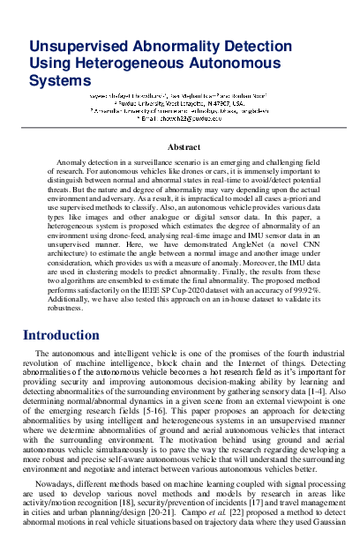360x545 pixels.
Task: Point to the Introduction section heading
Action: click(67, 311)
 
